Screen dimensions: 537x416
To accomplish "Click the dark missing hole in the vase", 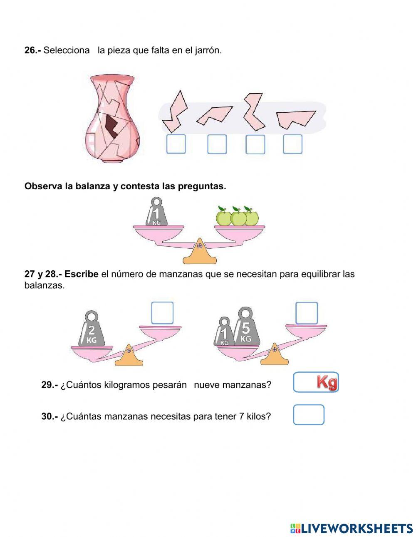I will click(111, 126).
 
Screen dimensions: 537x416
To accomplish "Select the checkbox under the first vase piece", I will click(176, 144).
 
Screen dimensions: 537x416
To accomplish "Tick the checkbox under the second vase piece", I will click(217, 144).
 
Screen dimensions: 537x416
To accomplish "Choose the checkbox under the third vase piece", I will click(255, 144).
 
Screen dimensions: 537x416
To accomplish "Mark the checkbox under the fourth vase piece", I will click(292, 144).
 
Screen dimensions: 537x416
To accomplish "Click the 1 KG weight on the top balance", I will click(156, 213).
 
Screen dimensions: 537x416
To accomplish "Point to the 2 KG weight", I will click(91, 331).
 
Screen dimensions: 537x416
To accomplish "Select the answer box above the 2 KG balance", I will click(162, 313).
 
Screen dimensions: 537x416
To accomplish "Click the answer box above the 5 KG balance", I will click(307, 313).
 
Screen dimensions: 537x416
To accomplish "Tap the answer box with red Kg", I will click(316, 382).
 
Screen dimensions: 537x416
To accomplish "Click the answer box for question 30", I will click(308, 415).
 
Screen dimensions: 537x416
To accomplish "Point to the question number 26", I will click(32, 50).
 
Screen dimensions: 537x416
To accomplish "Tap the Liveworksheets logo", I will click(352, 528).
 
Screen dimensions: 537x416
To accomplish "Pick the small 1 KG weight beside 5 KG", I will click(224, 333).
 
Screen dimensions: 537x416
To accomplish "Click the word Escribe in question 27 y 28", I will click(81, 275).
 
